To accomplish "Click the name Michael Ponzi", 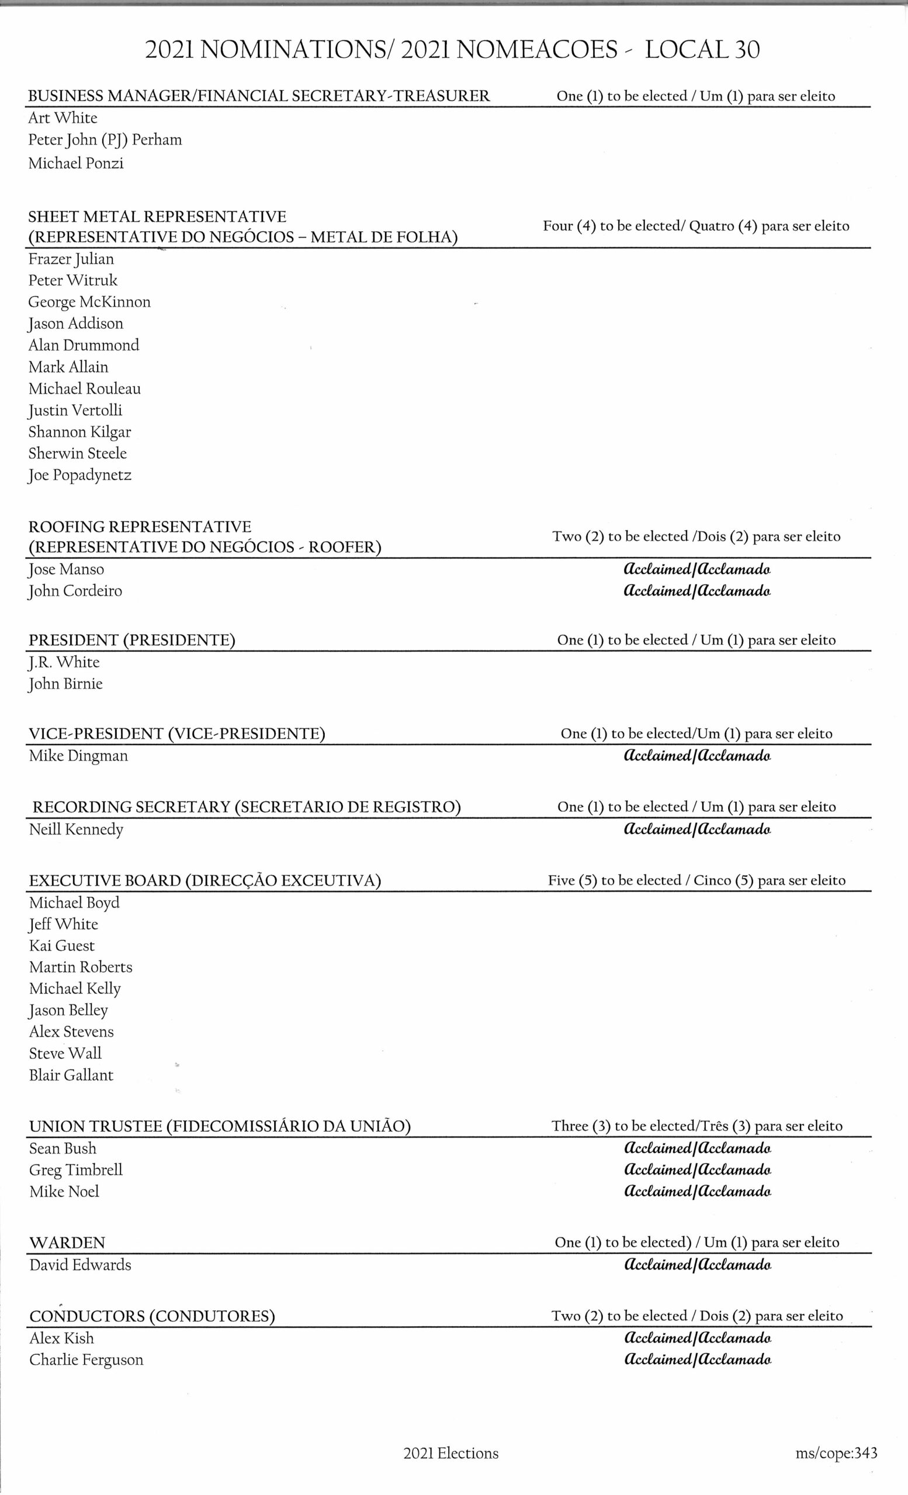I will click(76, 163).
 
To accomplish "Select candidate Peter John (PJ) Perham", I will click(105, 140).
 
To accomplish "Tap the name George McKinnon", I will click(89, 302).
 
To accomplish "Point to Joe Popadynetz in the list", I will click(79, 475).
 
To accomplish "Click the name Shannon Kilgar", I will click(79, 432).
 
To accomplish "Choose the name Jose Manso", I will click(66, 570).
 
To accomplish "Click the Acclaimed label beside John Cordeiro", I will click(697, 591).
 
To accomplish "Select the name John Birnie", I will click(65, 684).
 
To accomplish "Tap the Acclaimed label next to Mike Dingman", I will click(697, 756).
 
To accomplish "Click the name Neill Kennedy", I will click(76, 829).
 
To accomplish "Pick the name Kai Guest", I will click(62, 946).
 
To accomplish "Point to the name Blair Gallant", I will click(71, 1076).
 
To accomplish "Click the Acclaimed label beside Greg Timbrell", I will click(697, 1170).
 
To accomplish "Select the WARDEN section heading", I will click(67, 1243).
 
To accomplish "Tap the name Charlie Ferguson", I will click(86, 1360).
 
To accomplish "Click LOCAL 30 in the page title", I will click(702, 50).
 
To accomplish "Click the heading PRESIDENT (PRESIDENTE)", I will click(131, 641).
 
